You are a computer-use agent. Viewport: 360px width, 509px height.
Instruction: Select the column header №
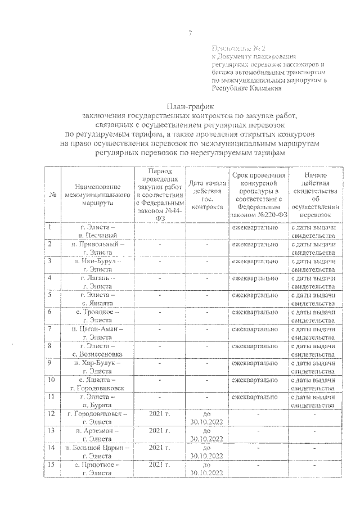coord(52,195)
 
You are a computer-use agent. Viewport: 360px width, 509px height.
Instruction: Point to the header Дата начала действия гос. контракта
coord(207,195)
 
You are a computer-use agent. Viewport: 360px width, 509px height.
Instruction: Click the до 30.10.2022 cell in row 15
coord(207,469)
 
